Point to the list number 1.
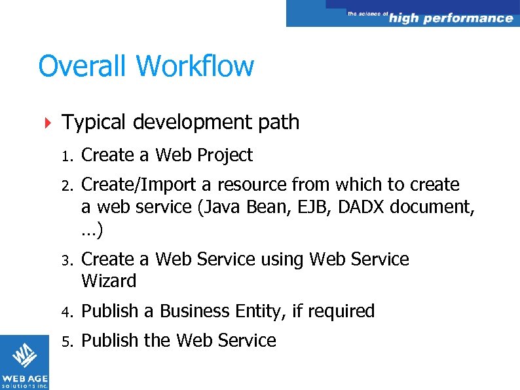[65, 156]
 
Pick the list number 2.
[66, 185]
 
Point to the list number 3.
[66, 260]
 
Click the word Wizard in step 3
[109, 281]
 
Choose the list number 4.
[66, 312]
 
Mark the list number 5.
[66, 341]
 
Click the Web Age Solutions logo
[24, 362]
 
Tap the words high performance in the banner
[451, 18]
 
